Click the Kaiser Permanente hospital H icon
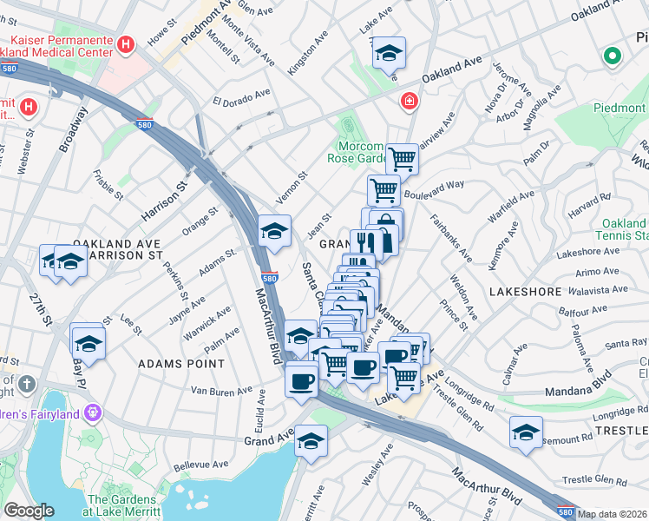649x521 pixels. [127, 43]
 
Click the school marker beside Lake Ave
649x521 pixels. [390, 53]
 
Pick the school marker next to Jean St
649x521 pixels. [275, 232]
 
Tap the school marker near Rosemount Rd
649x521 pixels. [526, 433]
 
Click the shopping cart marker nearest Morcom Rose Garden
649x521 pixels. [402, 160]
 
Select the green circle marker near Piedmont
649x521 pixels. [613, 57]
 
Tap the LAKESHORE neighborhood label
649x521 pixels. [524, 292]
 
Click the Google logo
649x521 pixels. [29, 511]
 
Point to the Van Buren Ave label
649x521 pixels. [220, 392]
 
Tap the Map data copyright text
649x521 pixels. [613, 514]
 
